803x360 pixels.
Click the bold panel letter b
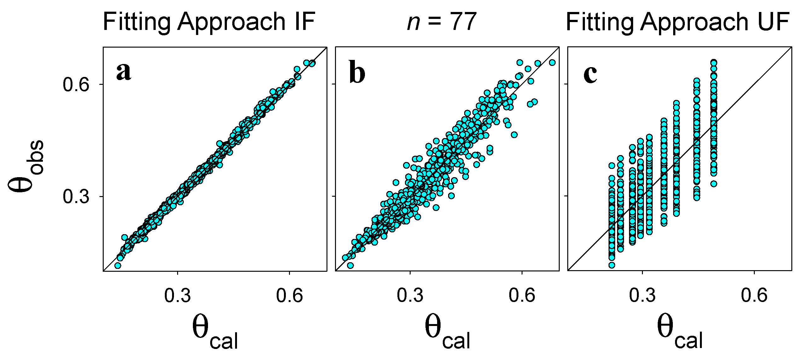tap(357, 73)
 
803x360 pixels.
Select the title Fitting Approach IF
tap(209, 22)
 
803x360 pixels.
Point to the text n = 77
tap(442, 22)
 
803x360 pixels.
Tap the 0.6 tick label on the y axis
tap(76, 84)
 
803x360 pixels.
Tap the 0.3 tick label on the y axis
tap(76, 197)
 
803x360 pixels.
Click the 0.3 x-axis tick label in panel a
tap(177, 296)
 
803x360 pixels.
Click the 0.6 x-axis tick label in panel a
tap(289, 296)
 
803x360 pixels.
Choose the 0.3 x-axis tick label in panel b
tap(410, 296)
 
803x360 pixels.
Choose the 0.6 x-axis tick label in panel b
tap(522, 296)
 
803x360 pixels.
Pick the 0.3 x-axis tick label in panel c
tap(642, 296)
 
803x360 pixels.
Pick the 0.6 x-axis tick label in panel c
tap(754, 296)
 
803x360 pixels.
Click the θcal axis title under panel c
tap(680, 333)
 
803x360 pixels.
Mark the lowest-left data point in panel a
tap(118, 265)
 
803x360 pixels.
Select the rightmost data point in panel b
tap(552, 62)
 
